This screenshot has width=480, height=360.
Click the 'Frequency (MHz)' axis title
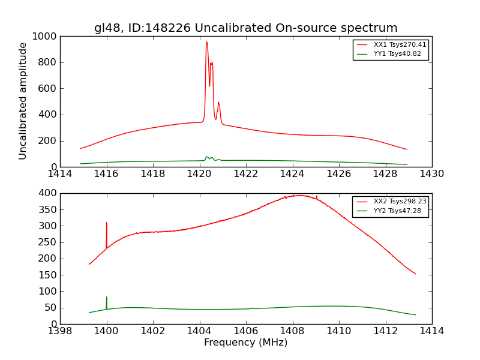[245, 343]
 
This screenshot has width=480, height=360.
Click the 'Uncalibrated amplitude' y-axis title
[23, 101]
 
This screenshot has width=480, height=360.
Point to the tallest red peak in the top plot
[206, 42]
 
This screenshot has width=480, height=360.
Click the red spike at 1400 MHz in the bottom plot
[107, 223]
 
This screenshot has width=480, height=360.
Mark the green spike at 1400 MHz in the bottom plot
[107, 298]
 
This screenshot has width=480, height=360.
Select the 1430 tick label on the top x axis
[431, 173]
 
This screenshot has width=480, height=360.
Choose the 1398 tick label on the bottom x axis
[60, 331]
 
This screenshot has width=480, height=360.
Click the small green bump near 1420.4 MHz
[207, 157]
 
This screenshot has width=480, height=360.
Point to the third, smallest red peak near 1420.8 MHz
[218, 103]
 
